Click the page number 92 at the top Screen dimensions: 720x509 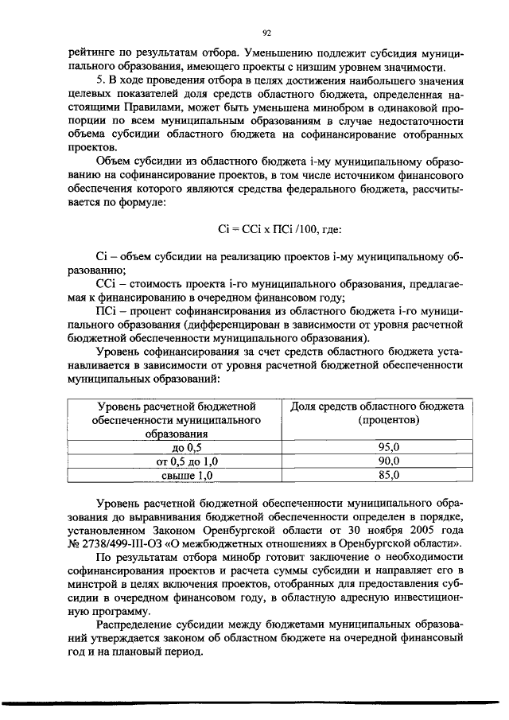(x=267, y=32)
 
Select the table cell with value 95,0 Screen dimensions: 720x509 (x=389, y=448)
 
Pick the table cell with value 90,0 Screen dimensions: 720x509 (x=389, y=461)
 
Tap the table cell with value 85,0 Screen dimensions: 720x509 (x=389, y=475)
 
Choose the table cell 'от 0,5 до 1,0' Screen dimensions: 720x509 (x=177, y=461)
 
